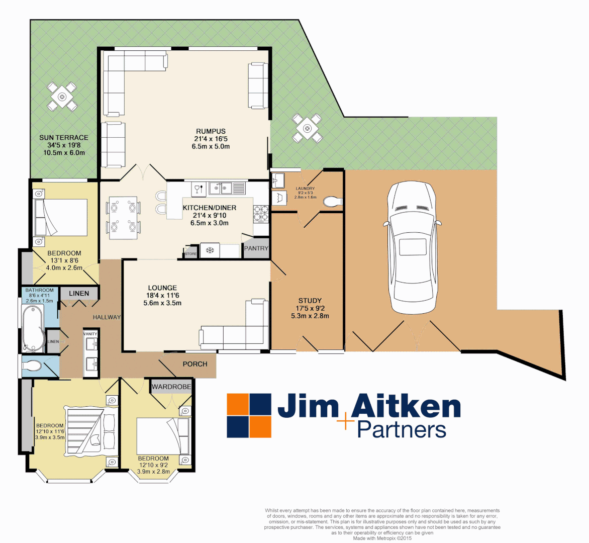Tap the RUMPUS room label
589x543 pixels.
coord(211,131)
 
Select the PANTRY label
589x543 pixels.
coord(256,248)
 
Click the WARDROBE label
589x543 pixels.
coord(171,387)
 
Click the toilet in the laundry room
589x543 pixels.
coord(332,202)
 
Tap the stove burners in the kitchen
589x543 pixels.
coord(261,213)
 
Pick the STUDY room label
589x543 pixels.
coord(310,301)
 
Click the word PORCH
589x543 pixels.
coord(195,364)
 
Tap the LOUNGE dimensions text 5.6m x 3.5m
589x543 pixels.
coord(162,303)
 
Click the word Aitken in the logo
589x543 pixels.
coord(406,407)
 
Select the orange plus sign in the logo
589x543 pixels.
coord(346,421)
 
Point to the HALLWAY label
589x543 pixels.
coord(107,317)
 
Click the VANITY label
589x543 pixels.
coord(90,334)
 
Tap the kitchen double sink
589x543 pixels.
coord(221,189)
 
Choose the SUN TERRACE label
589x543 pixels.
coord(64,137)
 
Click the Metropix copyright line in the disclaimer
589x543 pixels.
coord(382,538)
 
